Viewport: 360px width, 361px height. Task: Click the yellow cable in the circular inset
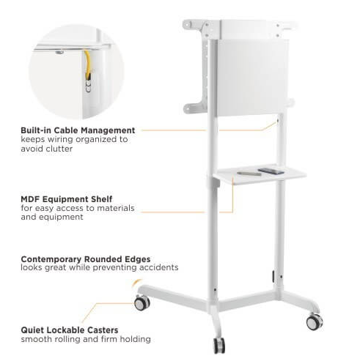click(87, 64)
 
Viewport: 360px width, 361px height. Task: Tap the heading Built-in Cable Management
click(78, 130)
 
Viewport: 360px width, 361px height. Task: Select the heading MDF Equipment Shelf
click(67, 199)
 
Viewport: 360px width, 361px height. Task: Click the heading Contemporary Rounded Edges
click(86, 259)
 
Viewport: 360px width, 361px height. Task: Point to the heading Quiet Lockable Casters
click(70, 330)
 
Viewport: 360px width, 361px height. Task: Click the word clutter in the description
click(59, 149)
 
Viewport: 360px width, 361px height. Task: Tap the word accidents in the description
click(159, 267)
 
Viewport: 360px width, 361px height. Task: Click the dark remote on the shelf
click(271, 171)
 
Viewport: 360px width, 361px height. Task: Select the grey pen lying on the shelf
click(249, 174)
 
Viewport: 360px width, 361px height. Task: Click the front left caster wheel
click(142, 303)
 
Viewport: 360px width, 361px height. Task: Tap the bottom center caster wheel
click(219, 346)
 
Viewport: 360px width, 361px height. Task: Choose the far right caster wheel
click(315, 322)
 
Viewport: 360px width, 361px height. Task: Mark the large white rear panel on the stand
click(252, 77)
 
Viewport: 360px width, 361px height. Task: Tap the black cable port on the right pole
click(273, 276)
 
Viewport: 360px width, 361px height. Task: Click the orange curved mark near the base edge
click(136, 283)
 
